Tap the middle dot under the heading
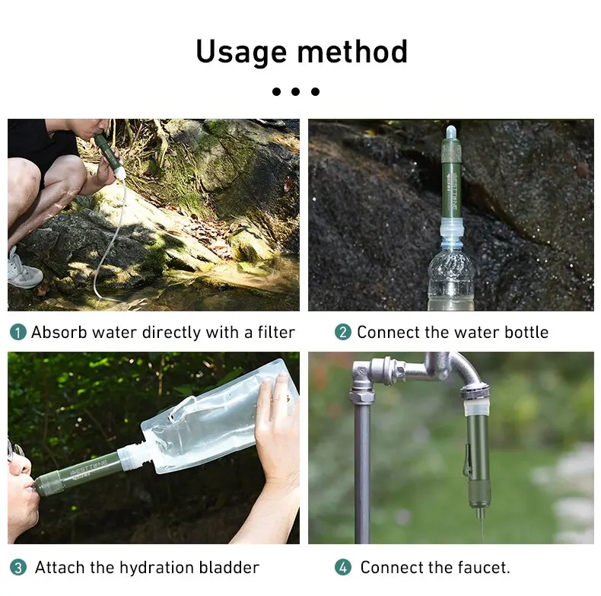pyautogui.click(x=295, y=91)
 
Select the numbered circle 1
pyautogui.click(x=18, y=332)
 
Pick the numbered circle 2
pyautogui.click(x=342, y=332)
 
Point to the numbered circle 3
pyautogui.click(x=18, y=568)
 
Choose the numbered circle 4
pyautogui.click(x=342, y=567)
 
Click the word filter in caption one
pyautogui.click(x=276, y=332)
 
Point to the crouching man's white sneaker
pyautogui.click(x=23, y=269)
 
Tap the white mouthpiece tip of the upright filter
pyautogui.click(x=450, y=132)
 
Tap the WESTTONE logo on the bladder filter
pyautogui.click(x=88, y=467)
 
